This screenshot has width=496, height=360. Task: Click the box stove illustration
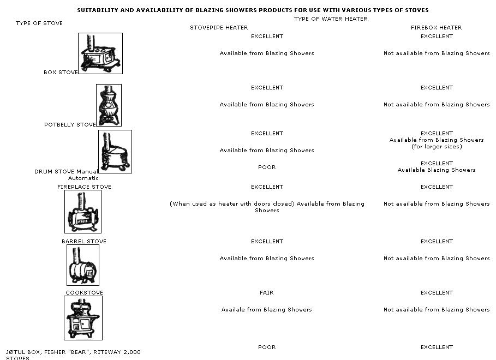pos(100,53)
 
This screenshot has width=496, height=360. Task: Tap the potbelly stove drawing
pos(109,105)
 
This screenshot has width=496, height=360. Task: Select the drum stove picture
pos(115,152)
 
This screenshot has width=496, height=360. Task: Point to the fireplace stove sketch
pos(83,212)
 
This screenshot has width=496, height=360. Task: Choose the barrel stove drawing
pos(83,265)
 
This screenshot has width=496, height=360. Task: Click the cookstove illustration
pos(83,318)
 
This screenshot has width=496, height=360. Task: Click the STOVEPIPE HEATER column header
pos(219,27)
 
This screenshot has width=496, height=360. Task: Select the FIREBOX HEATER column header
pos(436,27)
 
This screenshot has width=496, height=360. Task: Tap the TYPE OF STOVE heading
pos(39,23)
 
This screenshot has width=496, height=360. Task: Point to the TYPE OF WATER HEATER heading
pos(331,19)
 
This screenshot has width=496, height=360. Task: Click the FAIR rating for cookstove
pos(267,292)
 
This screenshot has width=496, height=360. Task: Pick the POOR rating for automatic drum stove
pos(267,167)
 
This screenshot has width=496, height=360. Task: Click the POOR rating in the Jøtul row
pos(267,347)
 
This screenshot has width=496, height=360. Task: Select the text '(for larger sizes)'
pos(437,147)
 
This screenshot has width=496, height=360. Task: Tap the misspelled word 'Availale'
pos(233,309)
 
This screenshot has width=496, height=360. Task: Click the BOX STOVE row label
pos(61,72)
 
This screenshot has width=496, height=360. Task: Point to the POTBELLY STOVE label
pos(70,125)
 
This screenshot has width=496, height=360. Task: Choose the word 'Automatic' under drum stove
pos(83,178)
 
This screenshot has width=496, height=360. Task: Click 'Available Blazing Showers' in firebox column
pos(437,170)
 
